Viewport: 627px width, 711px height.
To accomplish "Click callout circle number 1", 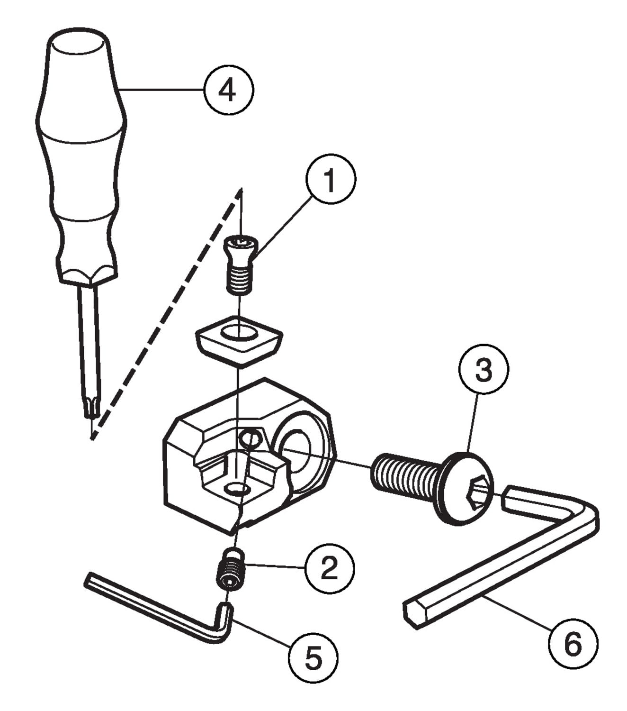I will [330, 180].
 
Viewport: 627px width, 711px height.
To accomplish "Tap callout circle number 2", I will [330, 567].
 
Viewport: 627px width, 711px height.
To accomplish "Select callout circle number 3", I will [484, 369].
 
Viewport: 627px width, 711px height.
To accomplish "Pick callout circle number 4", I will [229, 90].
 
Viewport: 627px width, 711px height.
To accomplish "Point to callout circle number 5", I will [313, 657].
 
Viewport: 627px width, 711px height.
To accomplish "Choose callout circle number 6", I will [573, 643].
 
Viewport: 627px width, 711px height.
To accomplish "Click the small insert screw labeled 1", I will [240, 265].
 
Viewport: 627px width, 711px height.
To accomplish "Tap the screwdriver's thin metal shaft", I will [89, 341].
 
